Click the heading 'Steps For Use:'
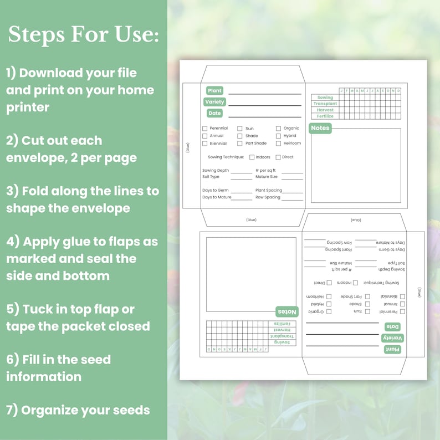coord(83,34)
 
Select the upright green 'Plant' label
coord(214,90)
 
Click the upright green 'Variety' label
coord(214,102)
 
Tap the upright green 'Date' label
coord(214,113)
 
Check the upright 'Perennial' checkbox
coord(204,129)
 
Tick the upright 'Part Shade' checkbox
coord(240,144)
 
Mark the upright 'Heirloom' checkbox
coord(278,144)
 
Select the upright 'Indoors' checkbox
coord(252,157)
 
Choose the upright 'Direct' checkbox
coord(278,157)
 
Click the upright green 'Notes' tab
coord(320,128)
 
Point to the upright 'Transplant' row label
coord(325,104)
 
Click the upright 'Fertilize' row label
coord(325,116)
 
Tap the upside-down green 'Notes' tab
coord(287,311)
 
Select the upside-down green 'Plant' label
coord(392,349)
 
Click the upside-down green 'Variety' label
coord(392,338)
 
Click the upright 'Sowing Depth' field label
coord(216,171)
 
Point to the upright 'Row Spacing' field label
coord(268,197)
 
